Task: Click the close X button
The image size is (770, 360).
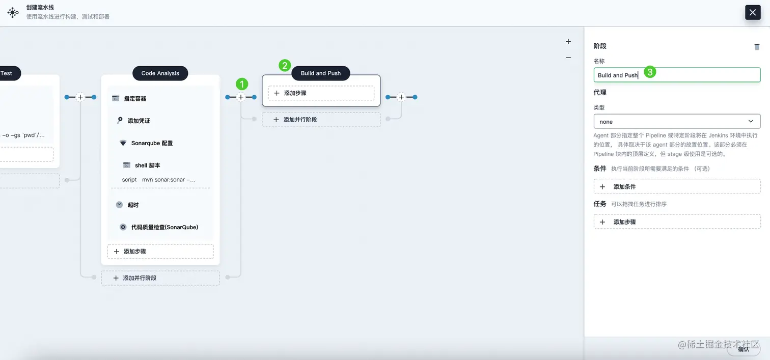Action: click(x=753, y=12)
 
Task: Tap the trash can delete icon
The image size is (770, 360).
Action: click(x=757, y=47)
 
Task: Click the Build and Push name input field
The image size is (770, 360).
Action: click(x=676, y=75)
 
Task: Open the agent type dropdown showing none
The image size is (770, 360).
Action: click(x=676, y=122)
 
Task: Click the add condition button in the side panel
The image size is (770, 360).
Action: click(x=676, y=187)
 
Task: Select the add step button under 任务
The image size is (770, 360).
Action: click(x=676, y=222)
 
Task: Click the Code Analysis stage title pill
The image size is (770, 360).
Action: click(x=160, y=73)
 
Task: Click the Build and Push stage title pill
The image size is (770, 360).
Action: click(x=320, y=73)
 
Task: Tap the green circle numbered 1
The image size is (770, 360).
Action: click(x=242, y=84)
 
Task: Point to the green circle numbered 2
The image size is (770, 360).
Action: click(x=285, y=66)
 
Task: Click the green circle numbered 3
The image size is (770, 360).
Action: click(x=649, y=72)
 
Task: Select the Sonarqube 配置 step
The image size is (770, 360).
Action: click(x=152, y=143)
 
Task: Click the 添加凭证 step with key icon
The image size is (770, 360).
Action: click(x=139, y=121)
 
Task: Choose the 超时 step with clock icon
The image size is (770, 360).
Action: click(x=133, y=205)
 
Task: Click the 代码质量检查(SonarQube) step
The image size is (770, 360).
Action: click(x=164, y=227)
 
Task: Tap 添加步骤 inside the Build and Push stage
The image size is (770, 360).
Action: click(x=321, y=93)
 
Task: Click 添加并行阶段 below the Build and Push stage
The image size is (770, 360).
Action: click(x=321, y=120)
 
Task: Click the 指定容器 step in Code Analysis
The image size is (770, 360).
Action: click(x=135, y=98)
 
